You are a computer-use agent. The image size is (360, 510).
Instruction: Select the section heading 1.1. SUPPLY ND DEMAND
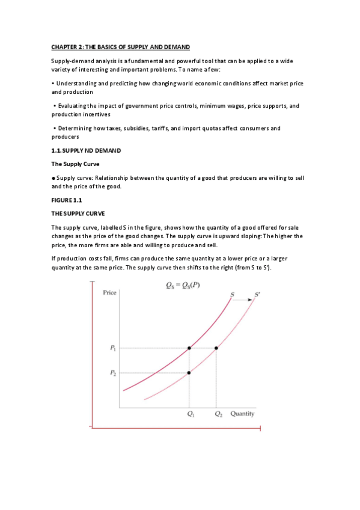pyautogui.click(x=86, y=150)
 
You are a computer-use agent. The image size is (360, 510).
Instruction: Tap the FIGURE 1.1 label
pyautogui.click(x=66, y=200)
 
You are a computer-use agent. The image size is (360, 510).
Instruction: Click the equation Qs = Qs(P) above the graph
pyautogui.click(x=183, y=285)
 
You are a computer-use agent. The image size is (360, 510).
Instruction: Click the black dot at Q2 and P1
pyautogui.click(x=216, y=348)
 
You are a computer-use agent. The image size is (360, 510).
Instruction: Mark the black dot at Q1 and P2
pyautogui.click(x=189, y=373)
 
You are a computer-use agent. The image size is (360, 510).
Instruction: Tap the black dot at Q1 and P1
pyautogui.click(x=189, y=348)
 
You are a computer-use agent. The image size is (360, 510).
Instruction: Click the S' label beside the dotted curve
pyautogui.click(x=258, y=294)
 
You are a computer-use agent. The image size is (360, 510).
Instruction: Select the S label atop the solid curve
pyautogui.click(x=233, y=294)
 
